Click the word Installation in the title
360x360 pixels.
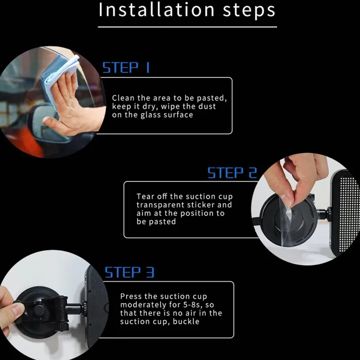tap(156, 9)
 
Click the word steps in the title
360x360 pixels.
tap(249, 10)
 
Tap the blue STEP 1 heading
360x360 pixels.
tap(126, 67)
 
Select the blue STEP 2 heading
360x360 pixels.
tap(232, 173)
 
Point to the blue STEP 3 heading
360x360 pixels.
tap(129, 272)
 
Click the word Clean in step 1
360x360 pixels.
tap(123, 98)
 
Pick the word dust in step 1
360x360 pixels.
tap(207, 106)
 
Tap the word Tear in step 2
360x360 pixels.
tap(145, 197)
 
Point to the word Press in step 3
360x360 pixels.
tap(130, 296)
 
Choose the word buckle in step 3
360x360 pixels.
tap(186, 321)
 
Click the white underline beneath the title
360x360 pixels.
tap(187, 27)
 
